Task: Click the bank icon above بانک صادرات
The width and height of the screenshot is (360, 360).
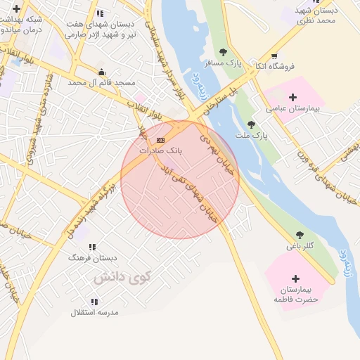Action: click(160, 141)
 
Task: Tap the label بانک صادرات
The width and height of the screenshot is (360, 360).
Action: click(160, 150)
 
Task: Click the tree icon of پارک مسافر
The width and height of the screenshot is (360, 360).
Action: click(224, 52)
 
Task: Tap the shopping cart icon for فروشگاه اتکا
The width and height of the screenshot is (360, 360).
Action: click(274, 56)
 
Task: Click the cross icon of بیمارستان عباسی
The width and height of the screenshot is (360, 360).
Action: click(293, 97)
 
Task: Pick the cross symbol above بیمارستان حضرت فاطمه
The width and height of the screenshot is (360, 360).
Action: click(295, 278)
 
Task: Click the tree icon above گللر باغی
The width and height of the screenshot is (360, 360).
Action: click(300, 235)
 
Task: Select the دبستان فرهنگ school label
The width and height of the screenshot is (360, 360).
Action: click(86, 258)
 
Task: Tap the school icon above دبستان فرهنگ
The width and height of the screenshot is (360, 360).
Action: click(92, 247)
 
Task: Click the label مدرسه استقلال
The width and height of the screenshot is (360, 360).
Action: click(95, 311)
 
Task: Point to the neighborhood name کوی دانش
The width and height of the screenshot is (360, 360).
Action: click(122, 276)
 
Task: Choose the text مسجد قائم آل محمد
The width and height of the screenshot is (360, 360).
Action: click(101, 82)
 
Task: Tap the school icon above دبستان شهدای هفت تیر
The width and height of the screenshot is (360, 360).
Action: click(100, 13)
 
